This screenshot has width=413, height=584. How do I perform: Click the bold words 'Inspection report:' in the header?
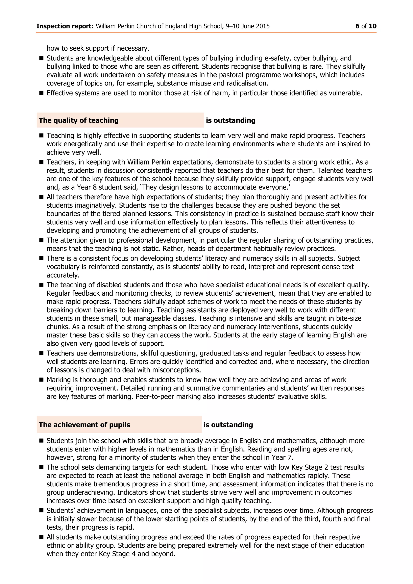(65, 26)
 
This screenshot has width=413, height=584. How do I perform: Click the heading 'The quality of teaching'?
(79, 120)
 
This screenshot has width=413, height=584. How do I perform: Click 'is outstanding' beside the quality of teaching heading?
(230, 120)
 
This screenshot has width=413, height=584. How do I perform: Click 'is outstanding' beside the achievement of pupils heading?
(228, 425)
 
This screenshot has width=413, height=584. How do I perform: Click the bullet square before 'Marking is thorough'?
(42, 380)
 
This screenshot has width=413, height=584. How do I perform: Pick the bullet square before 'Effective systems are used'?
(42, 93)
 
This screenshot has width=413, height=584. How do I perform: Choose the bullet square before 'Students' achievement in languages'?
(42, 511)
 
